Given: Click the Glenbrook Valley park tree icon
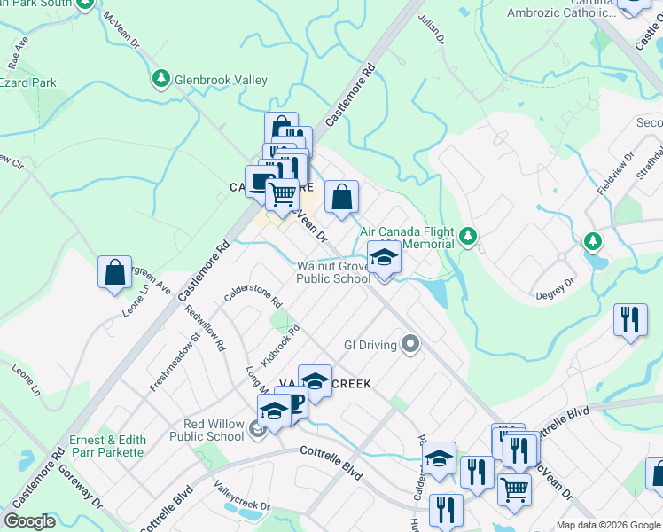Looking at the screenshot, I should click(160, 80).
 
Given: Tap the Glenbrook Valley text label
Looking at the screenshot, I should click(221, 81).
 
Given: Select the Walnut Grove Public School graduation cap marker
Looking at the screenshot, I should click(384, 259).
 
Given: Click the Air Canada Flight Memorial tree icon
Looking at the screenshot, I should click(468, 237).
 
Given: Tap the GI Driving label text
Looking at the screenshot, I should click(370, 345).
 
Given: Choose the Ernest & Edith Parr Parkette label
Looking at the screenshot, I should click(106, 446).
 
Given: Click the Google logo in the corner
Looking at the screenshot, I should click(30, 521).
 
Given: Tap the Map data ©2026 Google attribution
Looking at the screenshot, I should click(608, 525).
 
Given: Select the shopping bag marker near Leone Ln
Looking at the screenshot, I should click(115, 273).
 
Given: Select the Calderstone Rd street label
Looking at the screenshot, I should click(253, 286).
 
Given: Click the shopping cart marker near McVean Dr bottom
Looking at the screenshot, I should click(513, 488).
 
